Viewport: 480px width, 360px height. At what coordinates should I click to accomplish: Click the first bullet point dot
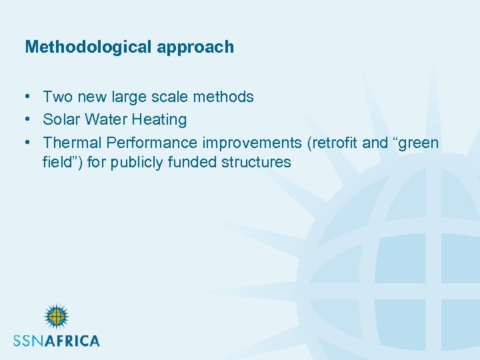(x=29, y=97)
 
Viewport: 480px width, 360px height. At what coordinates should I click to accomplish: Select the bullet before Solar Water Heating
(x=29, y=120)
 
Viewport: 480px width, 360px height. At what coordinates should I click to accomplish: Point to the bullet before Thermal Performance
(x=29, y=143)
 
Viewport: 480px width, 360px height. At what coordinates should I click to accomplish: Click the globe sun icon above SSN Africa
(x=57, y=317)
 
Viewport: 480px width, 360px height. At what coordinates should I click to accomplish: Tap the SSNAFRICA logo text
(x=57, y=341)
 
